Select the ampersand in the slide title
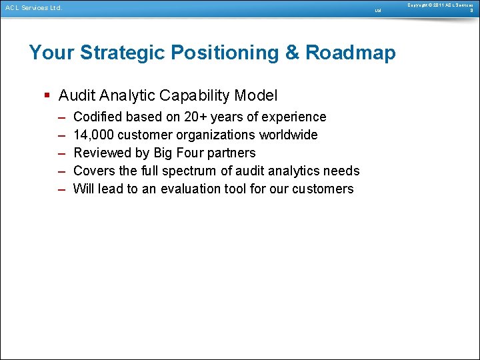pyautogui.click(x=293, y=53)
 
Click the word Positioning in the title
pyautogui.click(x=226, y=53)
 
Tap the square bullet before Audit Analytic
pyautogui.click(x=47, y=95)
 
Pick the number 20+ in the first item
pyautogui.click(x=196, y=117)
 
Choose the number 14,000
pyautogui.click(x=93, y=135)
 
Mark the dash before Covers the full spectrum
pyautogui.click(x=61, y=171)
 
